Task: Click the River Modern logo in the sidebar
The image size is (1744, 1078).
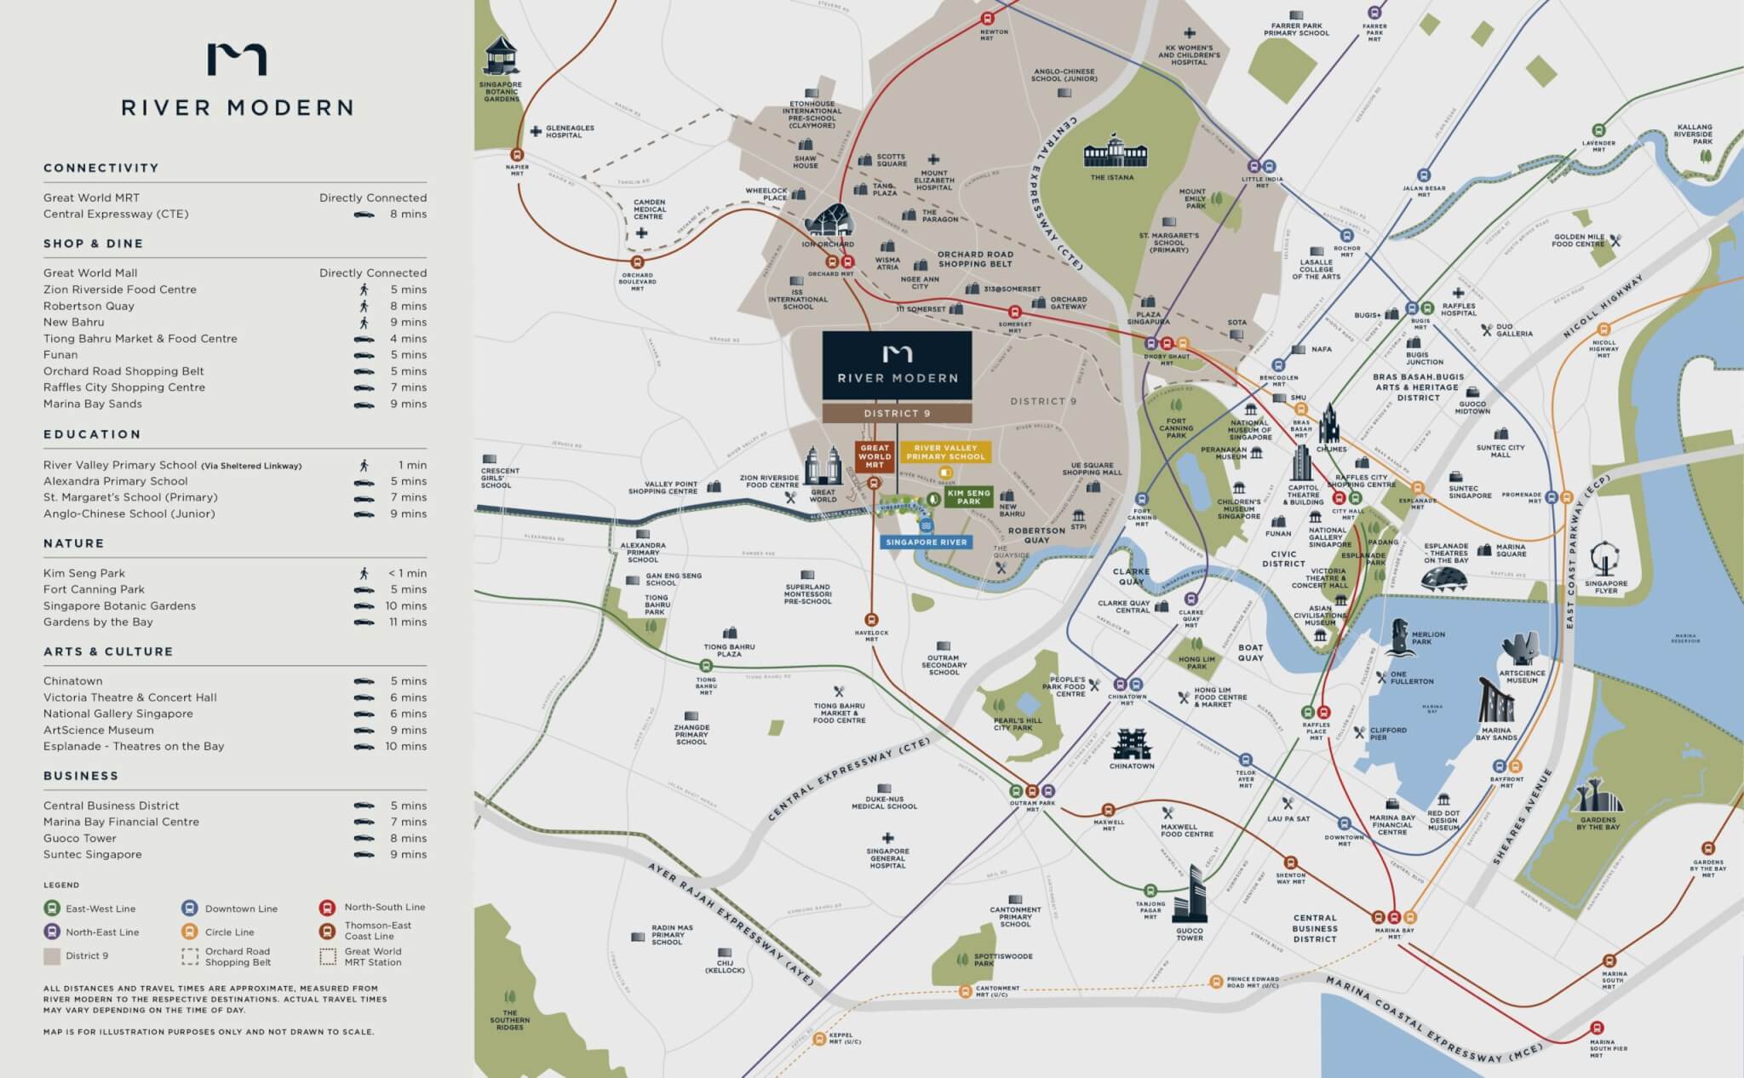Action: [x=237, y=60]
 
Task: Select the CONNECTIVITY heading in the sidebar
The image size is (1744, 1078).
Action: [x=101, y=168]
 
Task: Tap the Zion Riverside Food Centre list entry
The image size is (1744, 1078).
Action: [x=120, y=290]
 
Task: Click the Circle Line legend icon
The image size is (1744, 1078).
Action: [x=190, y=932]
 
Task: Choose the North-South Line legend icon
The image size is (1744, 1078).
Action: [x=328, y=908]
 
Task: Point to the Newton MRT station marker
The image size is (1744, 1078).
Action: [x=988, y=18]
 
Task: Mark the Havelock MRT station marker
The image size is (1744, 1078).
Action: [x=871, y=619]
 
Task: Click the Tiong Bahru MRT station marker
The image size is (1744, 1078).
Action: [x=706, y=666]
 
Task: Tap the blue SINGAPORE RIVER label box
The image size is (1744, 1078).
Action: [x=926, y=542]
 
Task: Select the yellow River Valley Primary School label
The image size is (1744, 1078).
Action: [x=945, y=452]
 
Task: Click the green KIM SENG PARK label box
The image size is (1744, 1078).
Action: [x=968, y=497]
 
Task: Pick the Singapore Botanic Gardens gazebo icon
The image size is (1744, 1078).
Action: [x=501, y=57]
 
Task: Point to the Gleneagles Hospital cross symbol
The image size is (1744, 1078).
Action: [x=536, y=132]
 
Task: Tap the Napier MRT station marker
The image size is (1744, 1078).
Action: [x=517, y=155]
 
